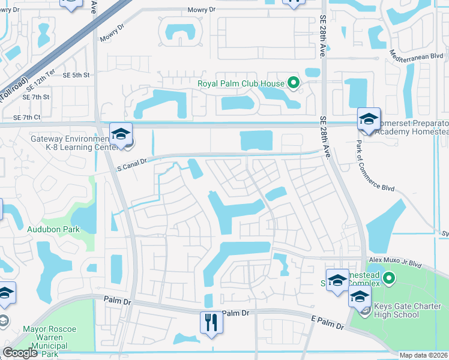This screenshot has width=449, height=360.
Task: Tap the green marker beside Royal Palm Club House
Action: coord(294,83)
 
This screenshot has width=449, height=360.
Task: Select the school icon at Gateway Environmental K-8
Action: coord(121,133)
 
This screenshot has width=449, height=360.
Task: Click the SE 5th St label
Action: coord(76,75)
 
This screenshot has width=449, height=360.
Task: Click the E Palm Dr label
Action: coord(327,324)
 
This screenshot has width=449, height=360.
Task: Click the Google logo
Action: coord(20,353)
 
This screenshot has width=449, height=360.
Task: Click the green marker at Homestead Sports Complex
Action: coord(389,278)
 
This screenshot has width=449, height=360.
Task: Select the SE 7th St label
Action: coord(35,97)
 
